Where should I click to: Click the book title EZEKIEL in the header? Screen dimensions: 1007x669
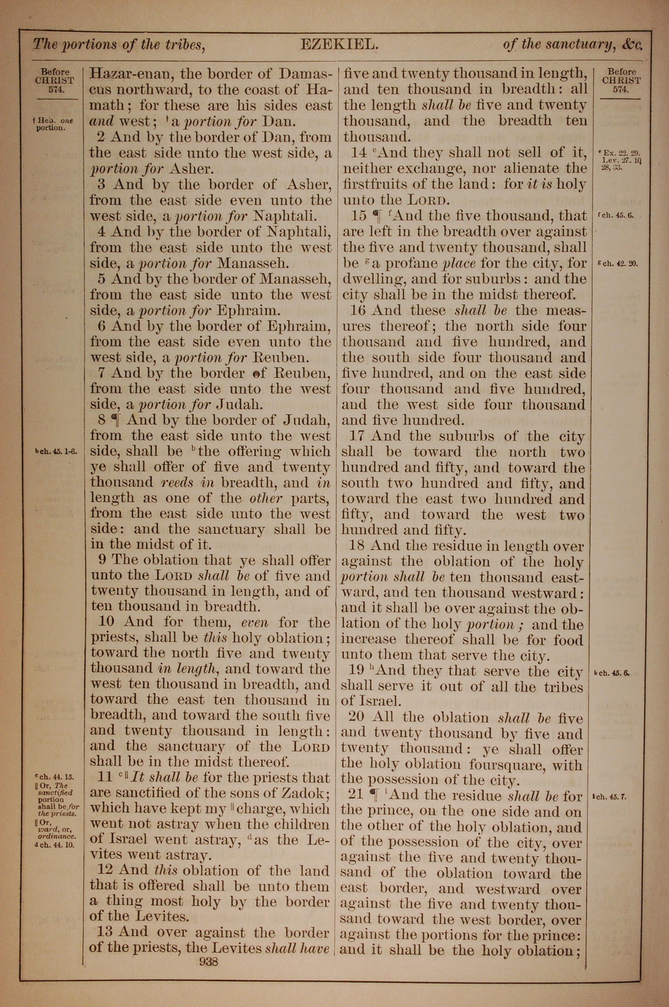[339, 45]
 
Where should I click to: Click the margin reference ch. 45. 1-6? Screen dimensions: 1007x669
[56, 452]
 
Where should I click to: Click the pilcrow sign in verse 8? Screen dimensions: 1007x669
[115, 420]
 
